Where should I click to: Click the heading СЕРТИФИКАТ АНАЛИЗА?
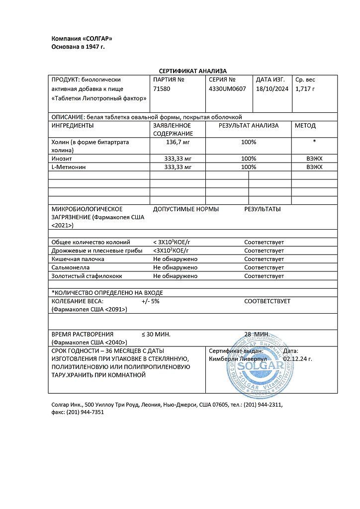coord(192,71)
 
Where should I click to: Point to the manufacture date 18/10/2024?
coord(272,88)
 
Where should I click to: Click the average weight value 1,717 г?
coord(305,88)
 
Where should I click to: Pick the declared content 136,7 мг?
coord(178,142)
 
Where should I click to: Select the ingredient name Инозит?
coord(61,158)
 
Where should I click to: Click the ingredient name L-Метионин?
coord(69,167)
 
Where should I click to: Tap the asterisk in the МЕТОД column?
coord(314,142)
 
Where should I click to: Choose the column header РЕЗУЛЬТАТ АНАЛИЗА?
coord(249,126)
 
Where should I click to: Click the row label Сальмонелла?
coord(68,267)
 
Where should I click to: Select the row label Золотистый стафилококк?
coord(87,276)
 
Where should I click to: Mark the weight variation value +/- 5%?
coord(151,301)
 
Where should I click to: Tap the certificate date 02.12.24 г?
coord(297,358)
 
